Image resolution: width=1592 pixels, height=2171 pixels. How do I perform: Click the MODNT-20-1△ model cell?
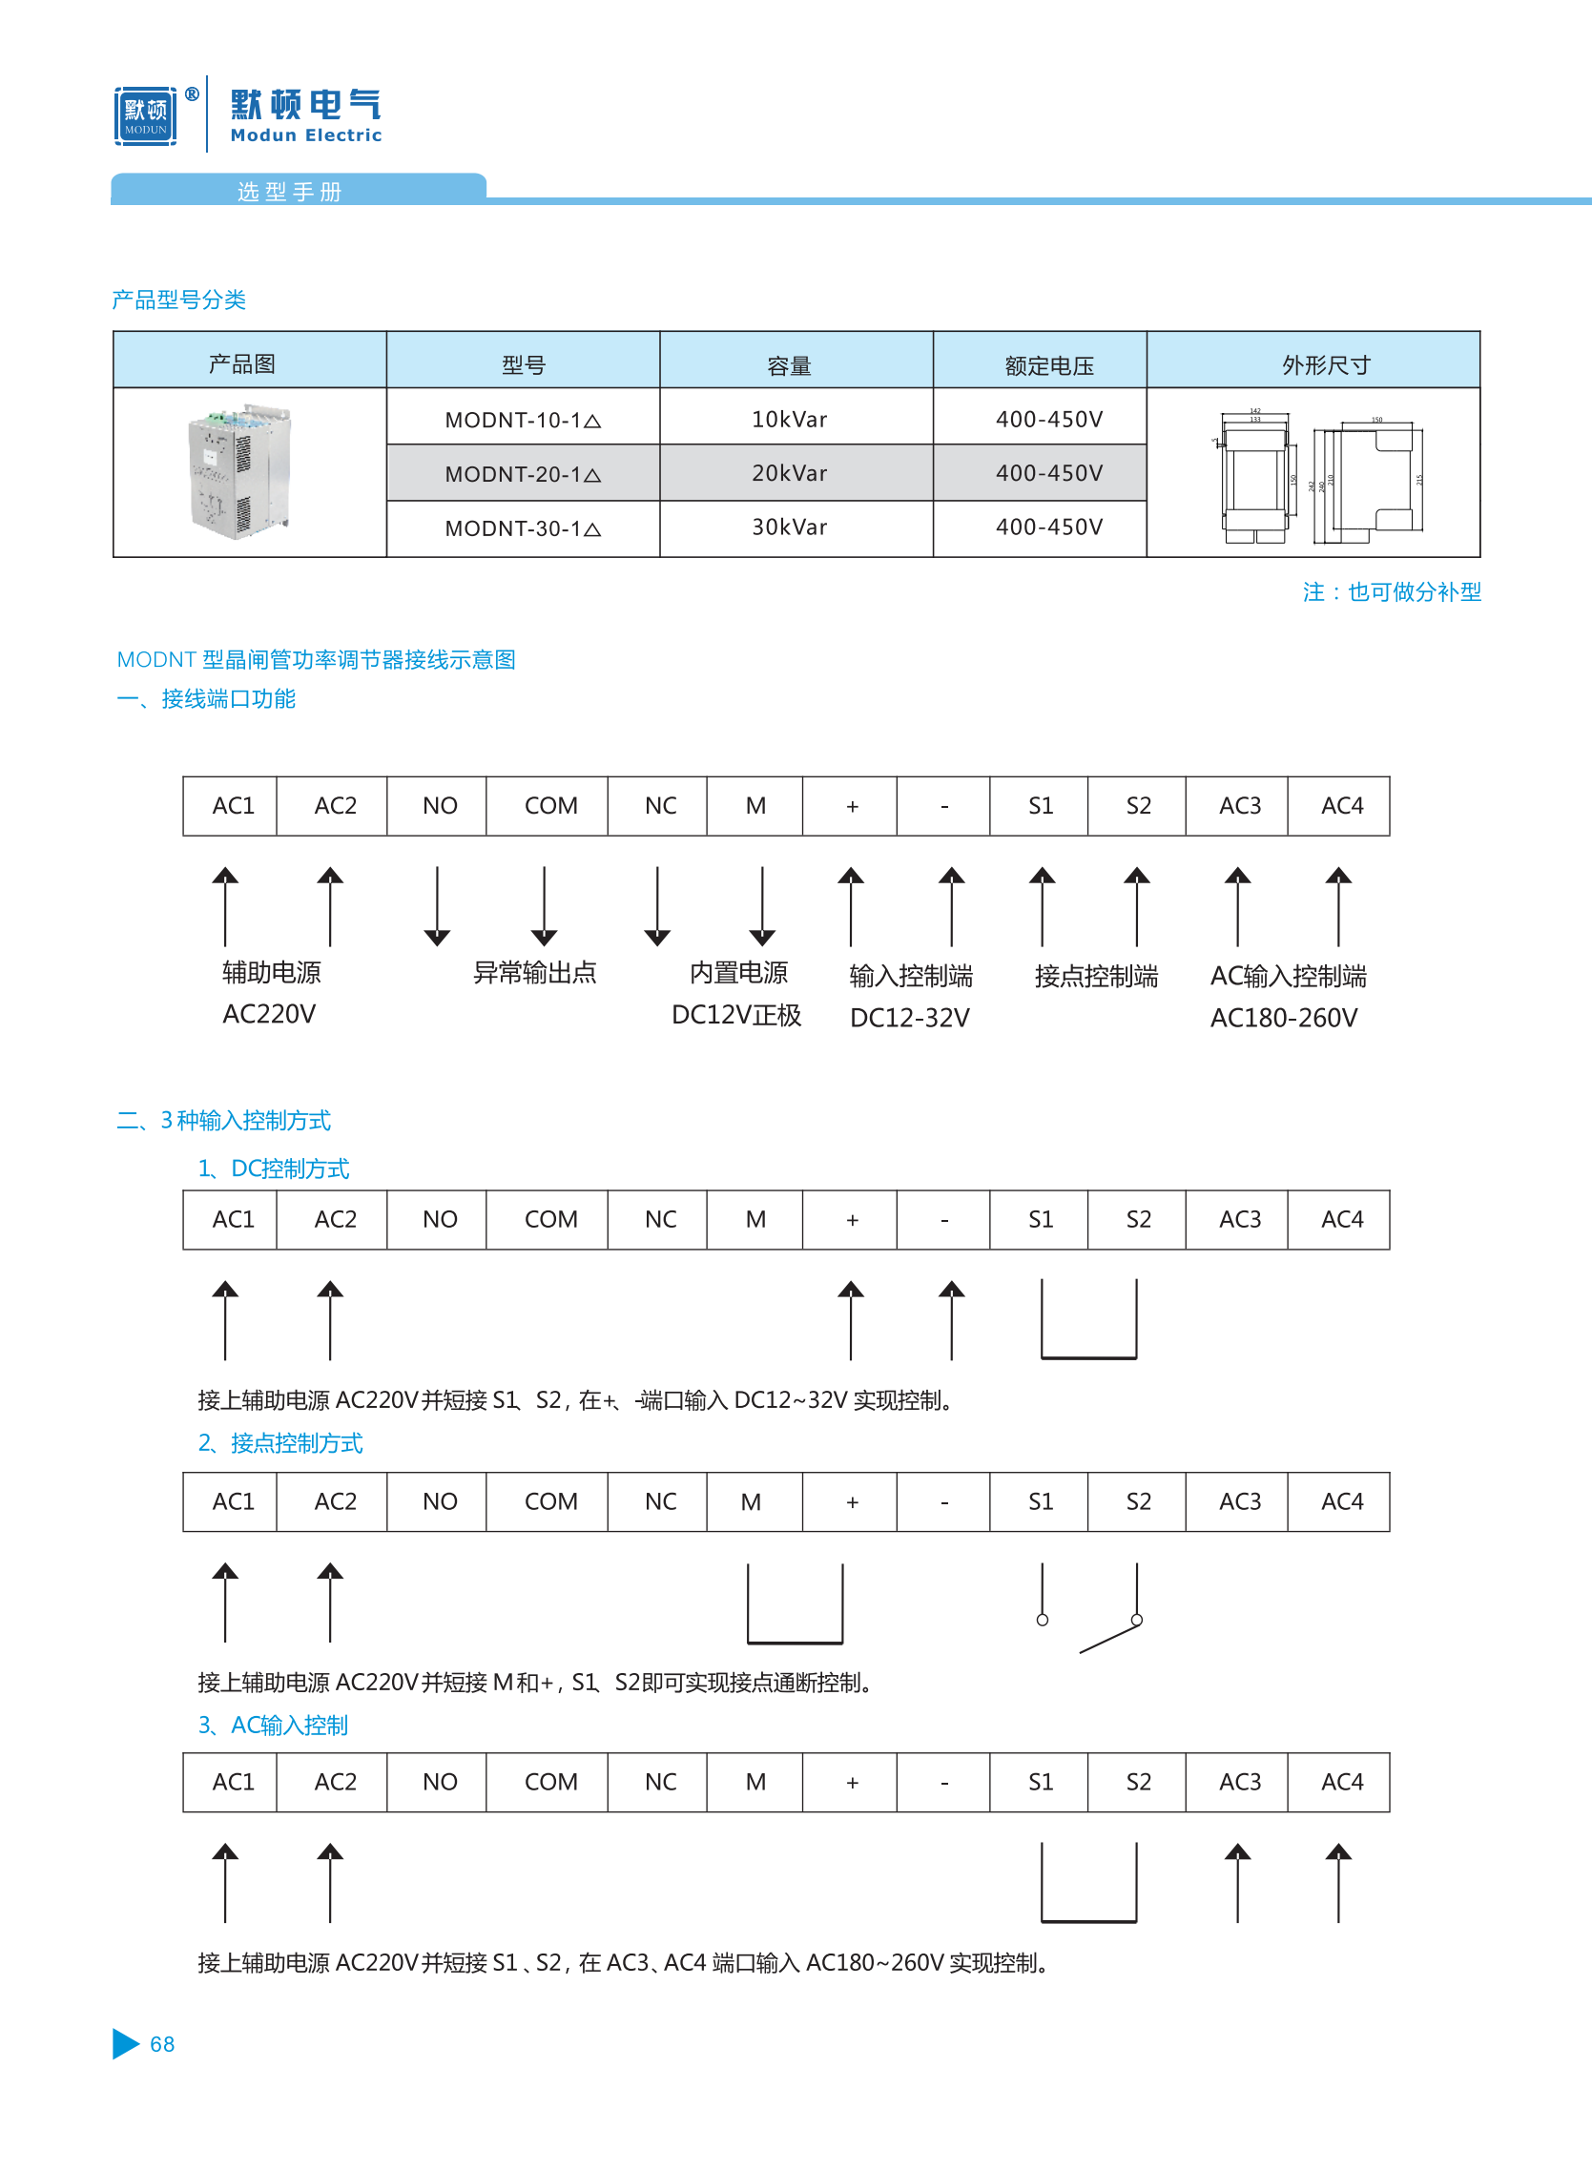pos(523,473)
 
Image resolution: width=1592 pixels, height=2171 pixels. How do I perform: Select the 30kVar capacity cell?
pos(789,527)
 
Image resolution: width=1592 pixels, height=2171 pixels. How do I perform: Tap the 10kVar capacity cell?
pos(789,419)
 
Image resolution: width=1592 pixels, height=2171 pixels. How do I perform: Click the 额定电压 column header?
pos(1048,365)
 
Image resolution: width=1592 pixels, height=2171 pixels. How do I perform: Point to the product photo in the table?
pos(240,471)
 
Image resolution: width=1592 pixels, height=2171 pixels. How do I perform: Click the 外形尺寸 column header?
pos(1325,365)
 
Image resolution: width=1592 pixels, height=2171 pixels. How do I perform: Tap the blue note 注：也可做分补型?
pos(1391,591)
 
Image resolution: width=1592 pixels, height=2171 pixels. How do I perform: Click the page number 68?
pos(162,2044)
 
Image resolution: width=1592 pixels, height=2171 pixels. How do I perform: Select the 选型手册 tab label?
pos(289,192)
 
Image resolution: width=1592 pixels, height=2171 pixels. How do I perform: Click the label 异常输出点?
pos(535,972)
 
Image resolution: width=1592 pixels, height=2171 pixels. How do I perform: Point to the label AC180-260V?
pos(1284,1018)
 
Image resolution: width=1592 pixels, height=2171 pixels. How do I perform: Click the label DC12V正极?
pos(736,1015)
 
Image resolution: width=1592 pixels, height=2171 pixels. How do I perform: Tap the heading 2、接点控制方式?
pos(280,1442)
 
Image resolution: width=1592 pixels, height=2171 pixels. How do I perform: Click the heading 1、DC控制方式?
pos(274,1168)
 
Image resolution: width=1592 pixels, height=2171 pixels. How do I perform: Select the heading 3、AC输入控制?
pos(273,1725)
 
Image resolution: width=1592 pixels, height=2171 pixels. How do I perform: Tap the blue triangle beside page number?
pos(125,2044)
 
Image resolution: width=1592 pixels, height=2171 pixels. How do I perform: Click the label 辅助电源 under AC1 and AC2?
pos(271,972)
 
